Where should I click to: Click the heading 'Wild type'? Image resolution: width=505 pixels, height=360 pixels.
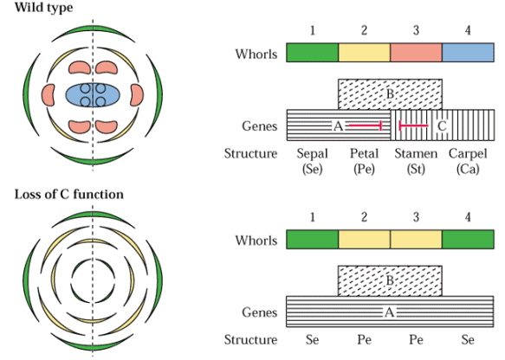tap(44, 8)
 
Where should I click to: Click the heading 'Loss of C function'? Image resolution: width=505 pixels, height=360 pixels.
tap(69, 195)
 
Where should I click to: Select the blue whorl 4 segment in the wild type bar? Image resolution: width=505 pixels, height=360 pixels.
tap(468, 52)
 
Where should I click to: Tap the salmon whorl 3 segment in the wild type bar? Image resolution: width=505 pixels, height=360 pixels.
tap(416, 52)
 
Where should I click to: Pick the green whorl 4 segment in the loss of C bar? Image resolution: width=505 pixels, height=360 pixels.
tap(468, 239)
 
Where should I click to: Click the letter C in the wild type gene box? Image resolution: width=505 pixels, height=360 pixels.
tap(442, 125)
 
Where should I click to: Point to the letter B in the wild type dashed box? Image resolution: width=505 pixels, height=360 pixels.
tap(390, 94)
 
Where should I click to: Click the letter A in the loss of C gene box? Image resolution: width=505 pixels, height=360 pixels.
tap(390, 312)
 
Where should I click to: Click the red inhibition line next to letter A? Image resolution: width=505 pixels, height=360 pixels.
tap(366, 125)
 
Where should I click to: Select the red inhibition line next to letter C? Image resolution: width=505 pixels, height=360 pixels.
tap(413, 125)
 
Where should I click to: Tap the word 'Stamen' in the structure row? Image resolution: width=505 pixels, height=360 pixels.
tap(416, 153)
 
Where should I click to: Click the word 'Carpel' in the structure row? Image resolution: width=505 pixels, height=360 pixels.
tap(468, 153)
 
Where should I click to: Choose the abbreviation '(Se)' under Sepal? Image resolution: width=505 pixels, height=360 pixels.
tap(312, 169)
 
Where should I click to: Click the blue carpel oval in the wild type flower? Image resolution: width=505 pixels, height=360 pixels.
tap(93, 95)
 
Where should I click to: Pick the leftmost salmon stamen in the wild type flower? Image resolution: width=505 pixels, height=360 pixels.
tap(48, 95)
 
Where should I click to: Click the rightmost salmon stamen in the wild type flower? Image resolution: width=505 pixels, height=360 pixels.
tap(138, 95)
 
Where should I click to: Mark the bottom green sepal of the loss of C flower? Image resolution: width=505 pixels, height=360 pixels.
tap(93, 346)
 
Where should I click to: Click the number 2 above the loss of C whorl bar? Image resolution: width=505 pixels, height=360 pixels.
tap(364, 217)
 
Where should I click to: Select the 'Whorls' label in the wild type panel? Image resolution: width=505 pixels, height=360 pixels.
tap(256, 54)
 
